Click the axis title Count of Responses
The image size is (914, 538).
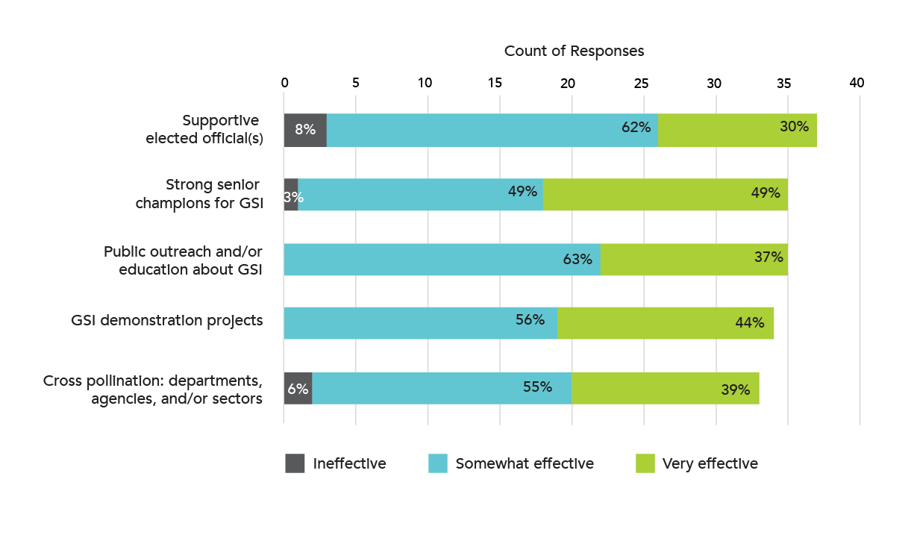pos(574,51)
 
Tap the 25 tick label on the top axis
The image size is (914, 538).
pos(641,84)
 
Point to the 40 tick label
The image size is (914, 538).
pos(857,83)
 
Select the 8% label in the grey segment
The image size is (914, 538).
pos(305,129)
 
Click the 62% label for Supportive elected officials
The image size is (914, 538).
pos(636,128)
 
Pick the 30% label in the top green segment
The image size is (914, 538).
pos(794,127)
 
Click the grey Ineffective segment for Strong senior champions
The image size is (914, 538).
pos(291,195)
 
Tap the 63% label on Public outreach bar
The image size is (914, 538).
pos(577,259)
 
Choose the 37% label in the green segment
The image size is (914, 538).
pos(769,257)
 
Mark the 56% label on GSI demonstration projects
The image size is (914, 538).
pos(530,319)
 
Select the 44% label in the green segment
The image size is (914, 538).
pos(750,323)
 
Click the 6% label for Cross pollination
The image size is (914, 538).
pos(298,389)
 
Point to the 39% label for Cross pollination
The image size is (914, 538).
pos(735,390)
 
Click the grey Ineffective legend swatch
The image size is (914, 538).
pos(295,463)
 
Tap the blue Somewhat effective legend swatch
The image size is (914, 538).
pos(438,463)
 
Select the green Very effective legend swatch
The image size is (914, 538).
pos(645,463)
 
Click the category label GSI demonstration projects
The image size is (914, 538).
pos(167,321)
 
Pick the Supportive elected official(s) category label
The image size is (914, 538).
pos(204,129)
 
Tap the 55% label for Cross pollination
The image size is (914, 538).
pos(537,387)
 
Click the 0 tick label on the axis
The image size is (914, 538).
pos(284,83)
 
